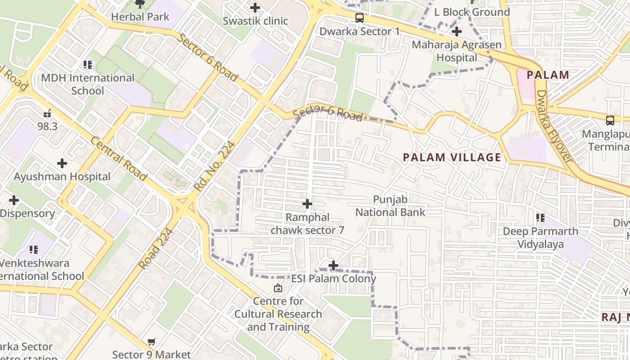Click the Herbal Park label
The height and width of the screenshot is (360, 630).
point(140,17)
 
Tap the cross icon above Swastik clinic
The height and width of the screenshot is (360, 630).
point(255,8)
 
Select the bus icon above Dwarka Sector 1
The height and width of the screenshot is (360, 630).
point(359,18)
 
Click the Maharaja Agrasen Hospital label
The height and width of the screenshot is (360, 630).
point(457,51)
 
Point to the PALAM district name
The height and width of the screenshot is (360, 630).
point(548,75)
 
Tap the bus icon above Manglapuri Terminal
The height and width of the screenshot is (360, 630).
point(610,121)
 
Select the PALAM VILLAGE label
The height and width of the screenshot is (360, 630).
point(452,157)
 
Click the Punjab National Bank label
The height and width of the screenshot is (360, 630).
point(390,206)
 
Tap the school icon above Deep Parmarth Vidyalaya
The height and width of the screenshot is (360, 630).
point(540,218)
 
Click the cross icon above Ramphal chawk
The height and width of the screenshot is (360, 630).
point(307,204)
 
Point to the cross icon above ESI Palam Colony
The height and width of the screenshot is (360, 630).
point(333,265)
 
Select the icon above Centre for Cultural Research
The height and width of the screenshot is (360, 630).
point(278,288)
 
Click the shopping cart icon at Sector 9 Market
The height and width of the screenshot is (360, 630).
point(152,342)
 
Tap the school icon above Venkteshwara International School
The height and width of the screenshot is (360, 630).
point(34,249)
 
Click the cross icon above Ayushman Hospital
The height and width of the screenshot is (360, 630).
point(62,163)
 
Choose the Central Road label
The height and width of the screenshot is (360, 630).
point(118,159)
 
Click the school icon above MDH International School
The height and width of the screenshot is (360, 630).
point(88,65)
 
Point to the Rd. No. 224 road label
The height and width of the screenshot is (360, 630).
point(215,166)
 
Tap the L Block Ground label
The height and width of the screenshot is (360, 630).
point(472,12)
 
